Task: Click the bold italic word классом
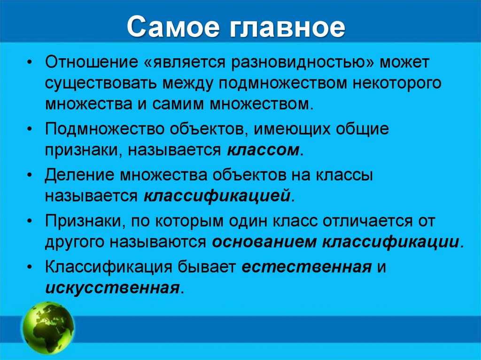point(265,150)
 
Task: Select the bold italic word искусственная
point(112,287)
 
